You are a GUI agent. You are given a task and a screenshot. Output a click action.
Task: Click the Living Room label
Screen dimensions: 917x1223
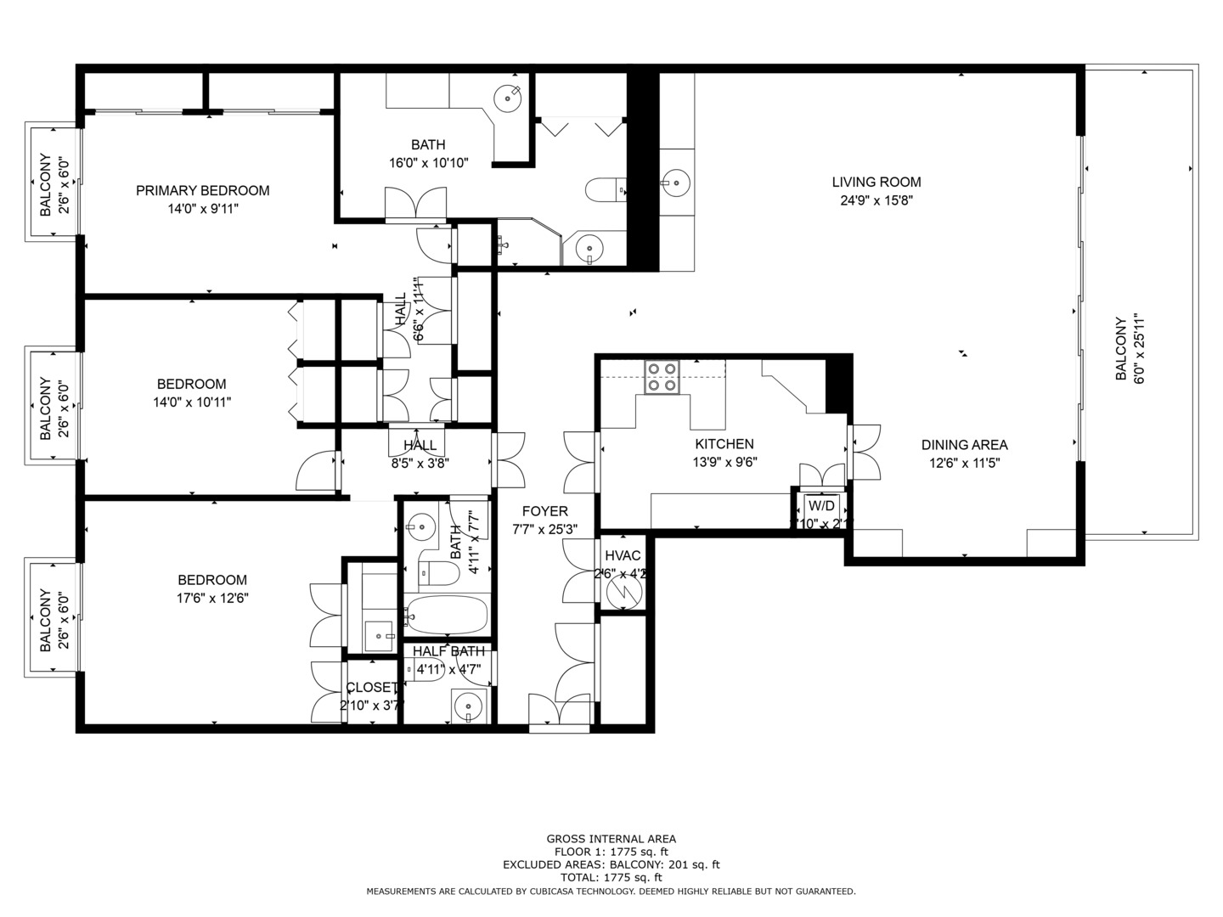[876, 182]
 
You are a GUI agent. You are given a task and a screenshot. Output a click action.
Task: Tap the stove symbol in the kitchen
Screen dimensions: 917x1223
[662, 377]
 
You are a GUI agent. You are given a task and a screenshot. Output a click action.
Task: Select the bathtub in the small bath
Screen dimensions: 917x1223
[446, 613]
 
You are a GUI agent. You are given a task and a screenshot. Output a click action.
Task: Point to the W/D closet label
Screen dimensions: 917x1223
[821, 505]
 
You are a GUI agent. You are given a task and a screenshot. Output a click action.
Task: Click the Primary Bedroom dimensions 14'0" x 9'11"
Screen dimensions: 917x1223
[203, 208]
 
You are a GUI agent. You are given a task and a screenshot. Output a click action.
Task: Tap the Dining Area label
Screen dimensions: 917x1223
[964, 445]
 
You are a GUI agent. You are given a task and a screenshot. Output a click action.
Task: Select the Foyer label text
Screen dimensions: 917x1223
[544, 511]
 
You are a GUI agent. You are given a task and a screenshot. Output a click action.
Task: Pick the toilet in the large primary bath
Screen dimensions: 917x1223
[604, 189]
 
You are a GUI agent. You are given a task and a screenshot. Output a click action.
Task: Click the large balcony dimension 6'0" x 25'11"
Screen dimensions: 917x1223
[1140, 350]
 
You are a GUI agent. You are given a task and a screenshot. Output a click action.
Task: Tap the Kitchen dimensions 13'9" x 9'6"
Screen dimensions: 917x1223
[724, 463]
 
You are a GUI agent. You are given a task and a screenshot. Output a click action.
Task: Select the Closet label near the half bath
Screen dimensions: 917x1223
[371, 687]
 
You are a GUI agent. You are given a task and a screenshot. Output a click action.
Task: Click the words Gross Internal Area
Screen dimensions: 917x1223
[611, 839]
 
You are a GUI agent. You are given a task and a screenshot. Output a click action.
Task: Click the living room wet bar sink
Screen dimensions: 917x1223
[677, 182]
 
